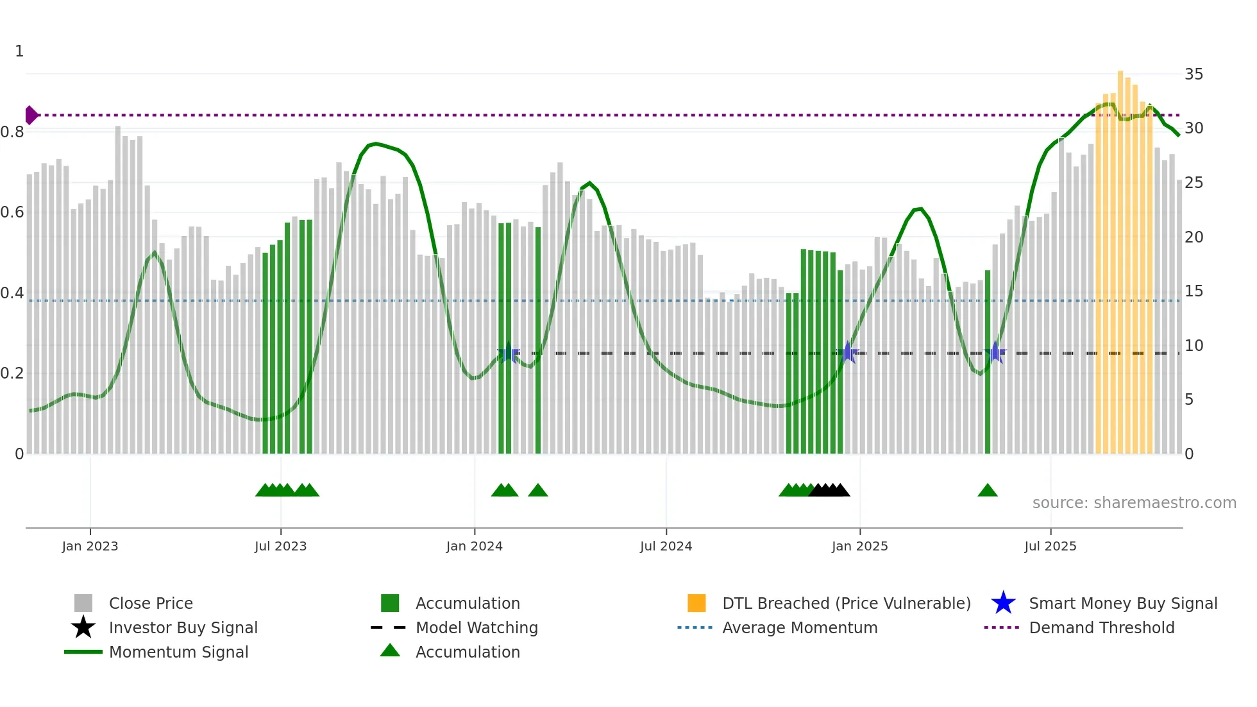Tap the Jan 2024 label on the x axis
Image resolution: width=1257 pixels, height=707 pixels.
click(x=474, y=547)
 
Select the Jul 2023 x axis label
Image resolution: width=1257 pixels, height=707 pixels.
click(x=280, y=547)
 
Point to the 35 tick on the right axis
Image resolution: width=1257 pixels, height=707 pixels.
click(x=1194, y=74)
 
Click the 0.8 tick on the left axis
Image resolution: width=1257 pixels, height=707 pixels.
click(x=13, y=132)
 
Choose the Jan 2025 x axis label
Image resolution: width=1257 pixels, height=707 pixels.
click(x=859, y=547)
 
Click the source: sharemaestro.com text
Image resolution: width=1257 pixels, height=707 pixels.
click(x=1134, y=503)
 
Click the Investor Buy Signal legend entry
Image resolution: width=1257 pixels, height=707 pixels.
click(x=183, y=628)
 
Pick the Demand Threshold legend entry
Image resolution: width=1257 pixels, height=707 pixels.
click(x=1101, y=628)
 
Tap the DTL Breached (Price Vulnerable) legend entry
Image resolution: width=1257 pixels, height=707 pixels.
click(x=846, y=604)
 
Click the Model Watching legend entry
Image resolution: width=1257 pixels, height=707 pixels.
click(x=476, y=628)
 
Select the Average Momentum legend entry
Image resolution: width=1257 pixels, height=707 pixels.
click(x=799, y=628)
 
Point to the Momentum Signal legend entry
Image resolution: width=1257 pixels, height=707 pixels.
click(x=178, y=652)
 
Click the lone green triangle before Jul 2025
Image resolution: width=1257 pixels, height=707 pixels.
click(x=988, y=491)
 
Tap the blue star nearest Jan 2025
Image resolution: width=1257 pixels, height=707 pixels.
click(x=848, y=352)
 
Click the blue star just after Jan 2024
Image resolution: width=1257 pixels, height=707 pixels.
click(x=509, y=352)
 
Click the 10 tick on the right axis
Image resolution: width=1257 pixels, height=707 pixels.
click(x=1194, y=346)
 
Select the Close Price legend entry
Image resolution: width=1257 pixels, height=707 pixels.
click(x=150, y=604)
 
